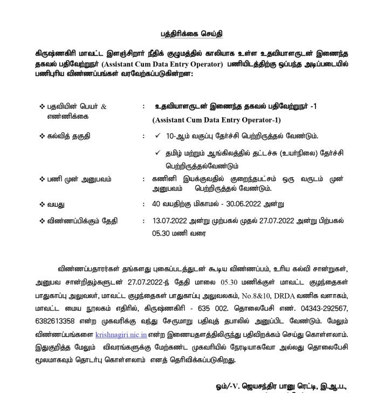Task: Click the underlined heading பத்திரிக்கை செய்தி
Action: pyautogui.click(x=191, y=34)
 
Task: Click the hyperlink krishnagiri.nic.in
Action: pyautogui.click(x=118, y=334)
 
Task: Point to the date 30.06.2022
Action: pyautogui.click(x=252, y=204)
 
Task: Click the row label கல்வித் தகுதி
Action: pyautogui.click(x=69, y=136)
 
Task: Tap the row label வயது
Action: pyautogui.click(x=57, y=204)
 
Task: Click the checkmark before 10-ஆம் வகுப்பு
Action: pyautogui.click(x=157, y=135)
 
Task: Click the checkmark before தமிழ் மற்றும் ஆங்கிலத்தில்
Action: pyautogui.click(x=157, y=153)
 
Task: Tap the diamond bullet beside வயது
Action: pyautogui.click(x=42, y=204)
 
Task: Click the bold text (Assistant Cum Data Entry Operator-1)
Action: pyautogui.click(x=216, y=119)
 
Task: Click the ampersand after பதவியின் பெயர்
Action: pyautogui.click(x=104, y=107)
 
